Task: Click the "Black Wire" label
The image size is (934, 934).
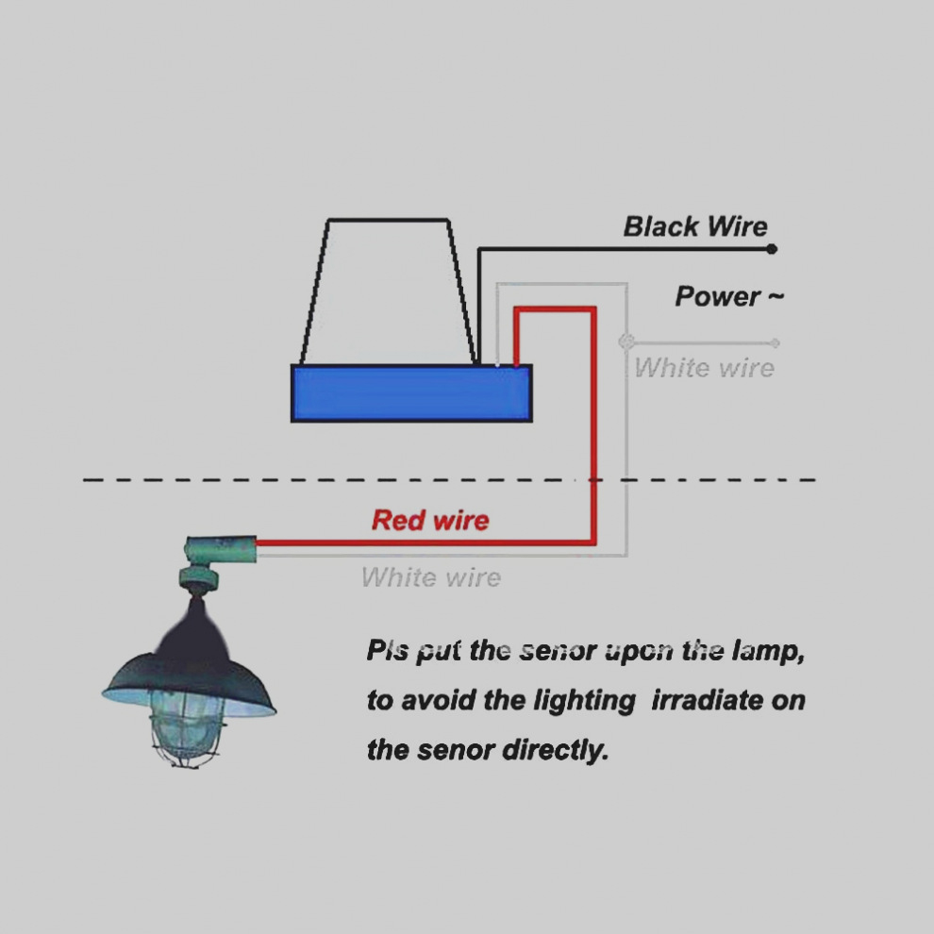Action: coord(695,227)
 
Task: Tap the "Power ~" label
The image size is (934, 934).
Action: coord(729,296)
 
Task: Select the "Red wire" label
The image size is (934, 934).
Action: coord(430,520)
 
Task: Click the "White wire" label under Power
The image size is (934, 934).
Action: coord(704,368)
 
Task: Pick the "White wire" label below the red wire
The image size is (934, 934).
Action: coord(430,577)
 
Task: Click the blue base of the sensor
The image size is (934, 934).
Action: coord(411,393)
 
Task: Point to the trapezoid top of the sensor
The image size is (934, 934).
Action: coord(389,292)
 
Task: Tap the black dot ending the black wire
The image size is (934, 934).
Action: coord(772,249)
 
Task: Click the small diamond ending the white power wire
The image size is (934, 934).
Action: coord(775,342)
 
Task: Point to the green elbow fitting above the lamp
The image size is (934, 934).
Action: coord(219,549)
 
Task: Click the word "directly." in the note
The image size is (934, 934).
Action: coord(555,750)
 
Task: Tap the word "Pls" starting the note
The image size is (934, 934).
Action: coord(387,650)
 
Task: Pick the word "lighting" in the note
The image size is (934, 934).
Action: coord(584,701)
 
